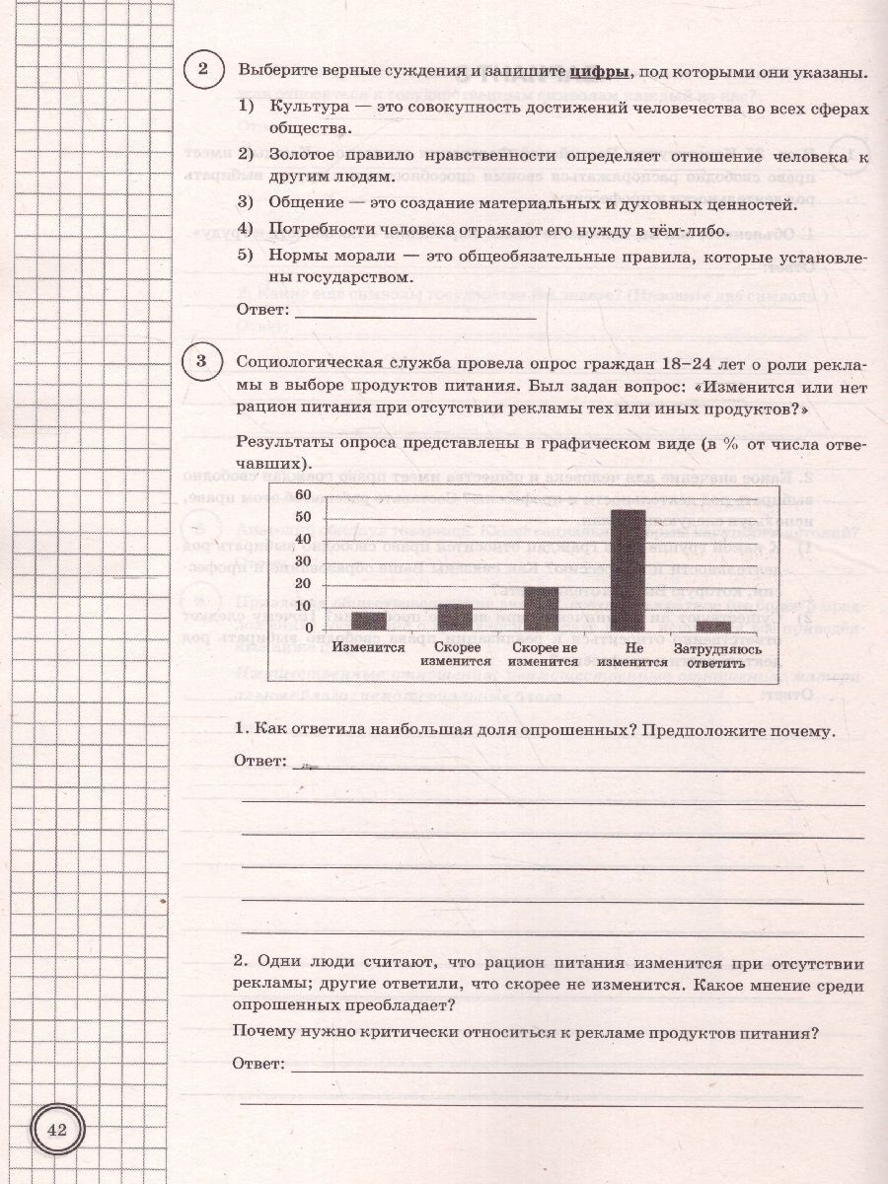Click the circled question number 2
(x=202, y=70)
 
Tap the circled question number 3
(x=202, y=362)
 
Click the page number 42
(x=56, y=1131)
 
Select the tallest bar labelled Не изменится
(x=628, y=570)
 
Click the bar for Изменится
(x=368, y=621)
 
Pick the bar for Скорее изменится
(x=455, y=617)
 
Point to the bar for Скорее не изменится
(x=541, y=608)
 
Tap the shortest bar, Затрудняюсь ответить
(x=713, y=625)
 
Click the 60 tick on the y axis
(x=304, y=494)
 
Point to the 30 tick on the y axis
(x=304, y=562)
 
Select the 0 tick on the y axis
(x=308, y=629)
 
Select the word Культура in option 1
(x=303, y=107)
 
